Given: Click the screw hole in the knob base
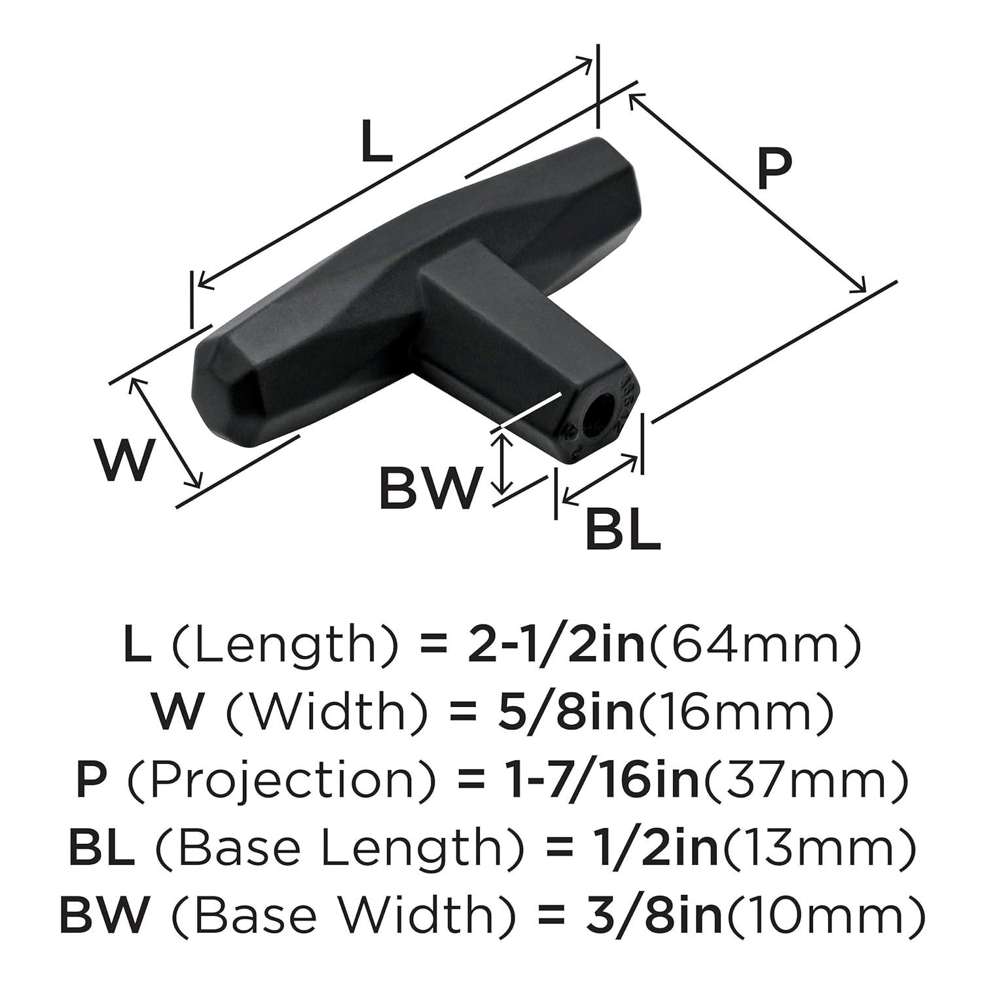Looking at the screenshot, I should point(596,417).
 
